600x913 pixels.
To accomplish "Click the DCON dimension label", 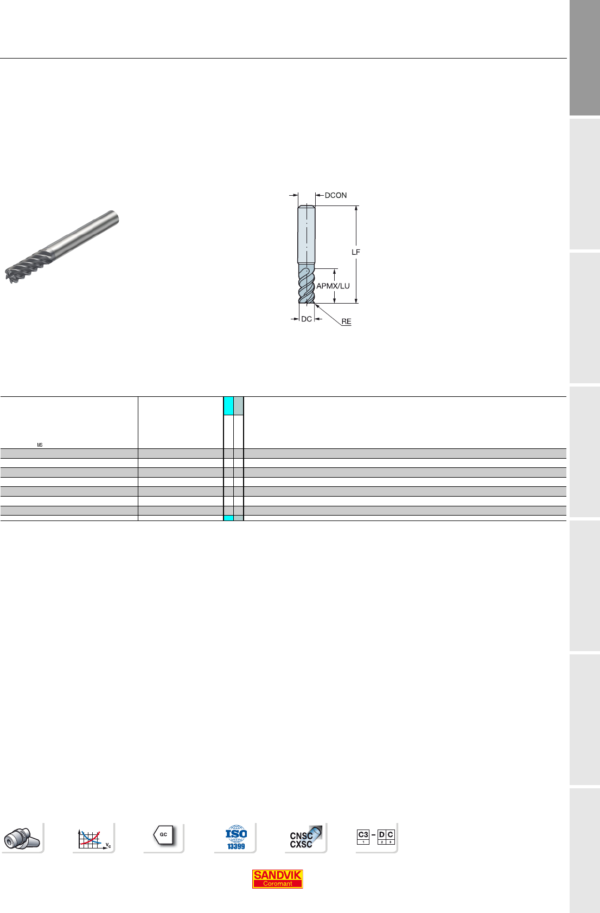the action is (x=336, y=195).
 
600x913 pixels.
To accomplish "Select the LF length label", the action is (x=356, y=252).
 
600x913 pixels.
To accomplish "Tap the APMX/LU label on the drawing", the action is (x=333, y=286).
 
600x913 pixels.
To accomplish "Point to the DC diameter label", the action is (x=307, y=319).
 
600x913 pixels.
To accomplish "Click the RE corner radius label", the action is (x=346, y=322).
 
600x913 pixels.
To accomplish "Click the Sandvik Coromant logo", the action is (x=277, y=879).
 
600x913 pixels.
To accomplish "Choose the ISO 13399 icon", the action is (x=236, y=838).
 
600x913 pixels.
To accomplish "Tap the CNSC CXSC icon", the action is (x=305, y=838).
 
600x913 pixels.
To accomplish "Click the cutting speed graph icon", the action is (x=94, y=839).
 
